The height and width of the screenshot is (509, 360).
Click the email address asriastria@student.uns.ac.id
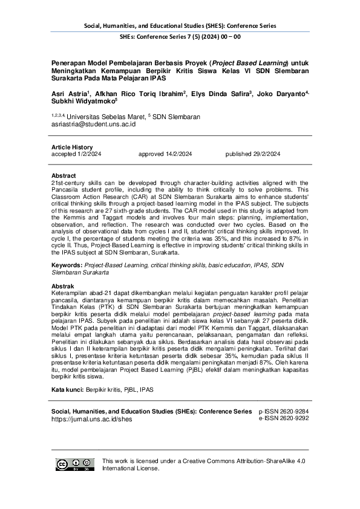click(x=93, y=123)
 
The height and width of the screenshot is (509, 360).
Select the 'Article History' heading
click(x=72, y=147)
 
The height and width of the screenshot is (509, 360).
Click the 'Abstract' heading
click(x=64, y=175)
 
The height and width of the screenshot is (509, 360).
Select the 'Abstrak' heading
click(x=63, y=285)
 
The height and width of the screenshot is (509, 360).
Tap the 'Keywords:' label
click(x=67, y=265)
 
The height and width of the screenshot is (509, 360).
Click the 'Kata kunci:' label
click(x=67, y=389)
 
